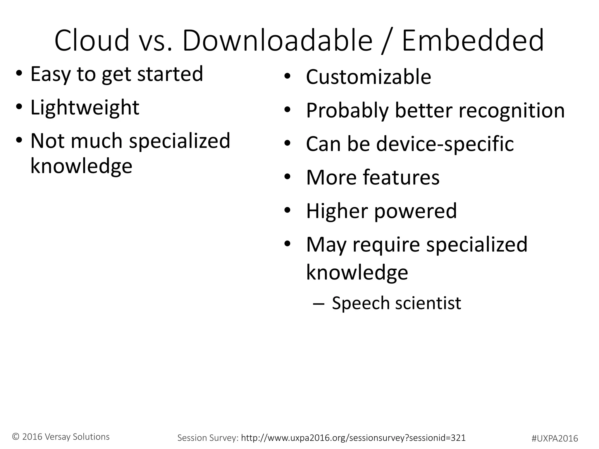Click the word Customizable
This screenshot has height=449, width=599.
click(369, 77)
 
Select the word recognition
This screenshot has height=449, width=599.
click(512, 111)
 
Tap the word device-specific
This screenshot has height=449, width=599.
click(445, 144)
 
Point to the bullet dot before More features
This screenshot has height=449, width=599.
click(288, 177)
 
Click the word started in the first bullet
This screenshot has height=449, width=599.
click(170, 74)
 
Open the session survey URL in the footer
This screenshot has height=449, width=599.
click(353, 438)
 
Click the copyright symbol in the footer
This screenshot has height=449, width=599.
click(16, 437)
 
